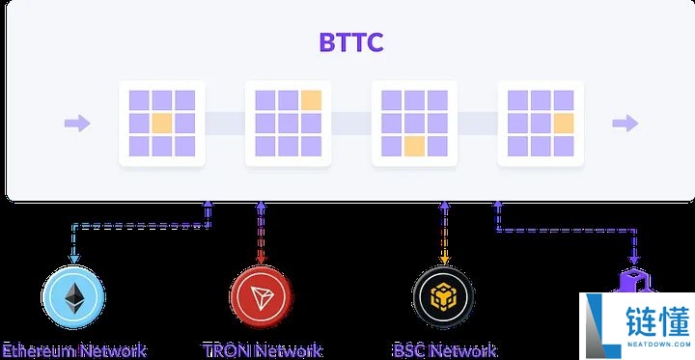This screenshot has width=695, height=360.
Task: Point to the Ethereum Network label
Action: [x=73, y=350]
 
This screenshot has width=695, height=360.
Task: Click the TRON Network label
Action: [x=262, y=350]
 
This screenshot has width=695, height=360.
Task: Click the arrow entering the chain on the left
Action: [x=77, y=123]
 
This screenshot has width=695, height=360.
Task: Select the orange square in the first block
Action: [x=162, y=123]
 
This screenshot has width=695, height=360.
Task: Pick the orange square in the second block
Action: [x=311, y=99]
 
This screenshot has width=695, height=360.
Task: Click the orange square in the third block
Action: [x=414, y=146]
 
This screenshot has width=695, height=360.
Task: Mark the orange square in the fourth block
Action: [x=563, y=123]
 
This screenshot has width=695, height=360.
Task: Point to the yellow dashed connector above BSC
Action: [x=444, y=232]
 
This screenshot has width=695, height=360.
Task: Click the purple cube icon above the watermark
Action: [x=634, y=281]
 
